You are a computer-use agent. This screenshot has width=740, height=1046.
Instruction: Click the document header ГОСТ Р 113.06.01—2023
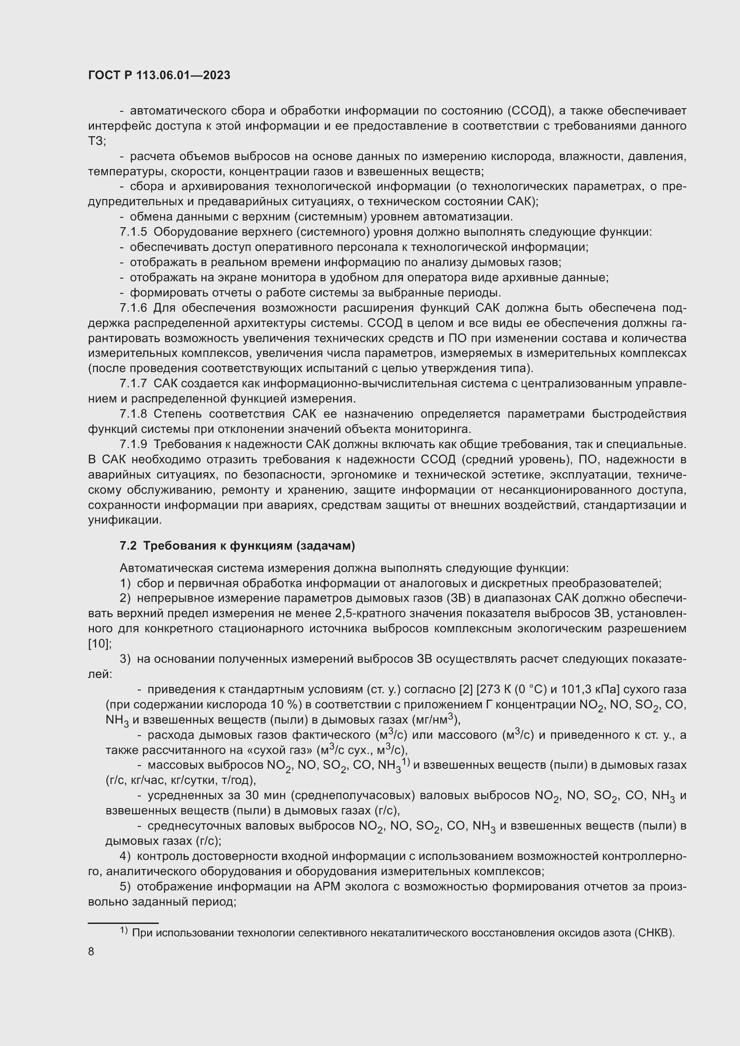tap(159, 76)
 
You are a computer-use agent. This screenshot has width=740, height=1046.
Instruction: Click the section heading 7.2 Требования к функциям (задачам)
tap(237, 546)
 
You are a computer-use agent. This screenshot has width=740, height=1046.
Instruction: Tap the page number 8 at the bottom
tap(91, 951)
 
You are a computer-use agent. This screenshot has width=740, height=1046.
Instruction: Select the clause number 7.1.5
tap(133, 232)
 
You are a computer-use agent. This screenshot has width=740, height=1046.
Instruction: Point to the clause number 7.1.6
tap(133, 308)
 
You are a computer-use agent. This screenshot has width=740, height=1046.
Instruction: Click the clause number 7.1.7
tap(133, 384)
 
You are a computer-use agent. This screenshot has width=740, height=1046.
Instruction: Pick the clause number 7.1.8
tap(133, 414)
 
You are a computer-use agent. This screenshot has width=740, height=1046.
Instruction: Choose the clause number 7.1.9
tap(133, 444)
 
